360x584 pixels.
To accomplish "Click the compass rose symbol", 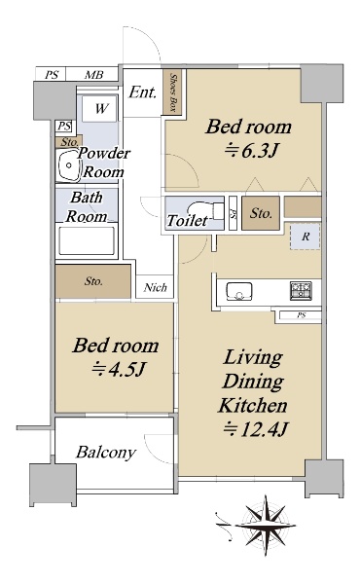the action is pos(266,525).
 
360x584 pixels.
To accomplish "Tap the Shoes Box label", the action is pos(173,92).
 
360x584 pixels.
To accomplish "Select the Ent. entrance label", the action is pos(142,92).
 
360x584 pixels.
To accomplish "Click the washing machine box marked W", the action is pos(99,108).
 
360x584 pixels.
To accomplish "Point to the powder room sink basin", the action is pos(68,166).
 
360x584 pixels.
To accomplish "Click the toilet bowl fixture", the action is pos(205,211).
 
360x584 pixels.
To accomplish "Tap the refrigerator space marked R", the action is pos(306,237).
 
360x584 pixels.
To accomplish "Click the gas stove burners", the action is pos(301,290).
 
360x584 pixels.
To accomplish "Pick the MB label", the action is pos(93,75).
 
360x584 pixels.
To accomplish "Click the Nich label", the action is pos(156,287).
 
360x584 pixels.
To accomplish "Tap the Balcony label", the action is pos(106,453).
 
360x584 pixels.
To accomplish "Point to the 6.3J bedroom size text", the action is pos(251,151).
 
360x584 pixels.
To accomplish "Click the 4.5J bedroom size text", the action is pos(119,370).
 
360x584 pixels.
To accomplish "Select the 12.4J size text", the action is pos(255,429).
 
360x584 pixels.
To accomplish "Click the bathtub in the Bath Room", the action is pos(87,241).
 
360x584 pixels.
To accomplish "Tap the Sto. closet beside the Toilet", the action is pos(261,213).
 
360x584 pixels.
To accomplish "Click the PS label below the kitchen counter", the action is pos(302,315).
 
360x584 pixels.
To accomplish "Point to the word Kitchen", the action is pos(253,405).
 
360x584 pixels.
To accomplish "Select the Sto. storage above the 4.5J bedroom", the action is pos(93,281).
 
